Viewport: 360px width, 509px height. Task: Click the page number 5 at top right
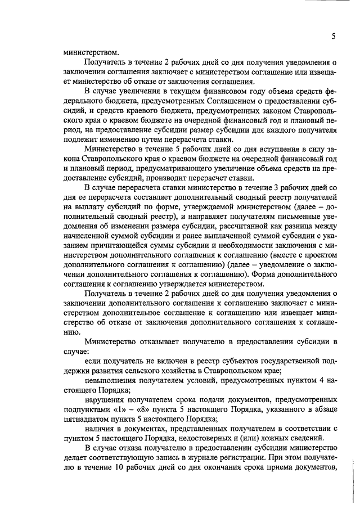pos(333,37)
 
